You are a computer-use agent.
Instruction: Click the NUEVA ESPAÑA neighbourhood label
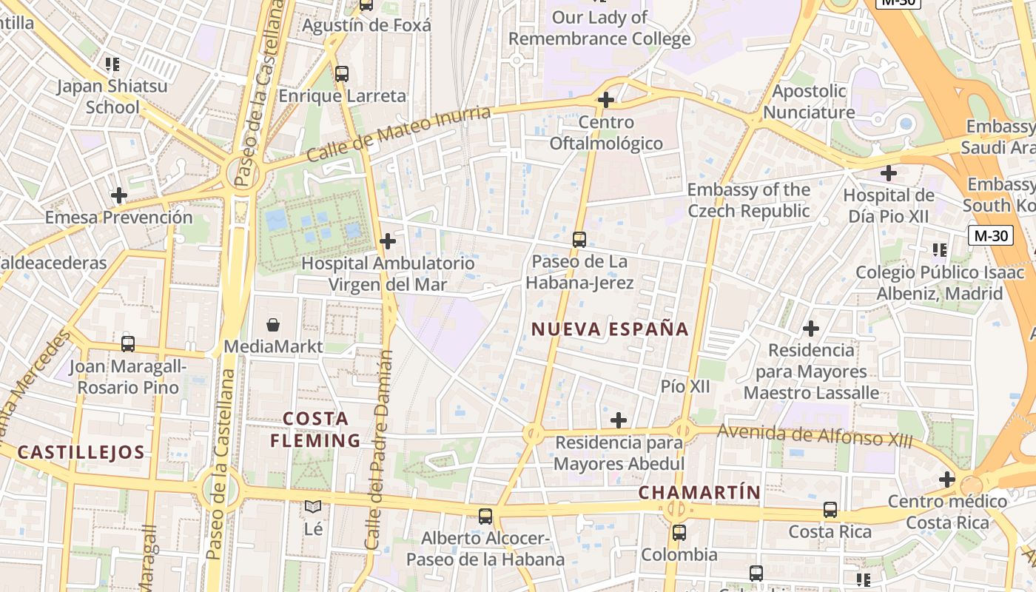610,329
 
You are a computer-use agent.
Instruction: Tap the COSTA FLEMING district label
315,430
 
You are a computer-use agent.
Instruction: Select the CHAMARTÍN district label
699,492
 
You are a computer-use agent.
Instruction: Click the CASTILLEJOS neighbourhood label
81,452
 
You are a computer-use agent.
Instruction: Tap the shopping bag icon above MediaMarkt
273,324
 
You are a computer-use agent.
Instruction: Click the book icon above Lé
313,507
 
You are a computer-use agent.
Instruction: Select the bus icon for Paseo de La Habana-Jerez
579,240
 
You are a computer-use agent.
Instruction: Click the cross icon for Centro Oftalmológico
606,99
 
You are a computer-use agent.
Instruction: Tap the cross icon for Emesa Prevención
118,195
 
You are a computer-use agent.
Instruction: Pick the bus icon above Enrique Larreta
342,74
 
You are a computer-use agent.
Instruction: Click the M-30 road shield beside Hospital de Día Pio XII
990,236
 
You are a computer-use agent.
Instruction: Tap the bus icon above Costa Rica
830,510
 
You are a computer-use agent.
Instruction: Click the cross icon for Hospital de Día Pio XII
889,174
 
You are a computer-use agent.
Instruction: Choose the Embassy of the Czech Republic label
748,201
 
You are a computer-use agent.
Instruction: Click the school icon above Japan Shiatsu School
112,64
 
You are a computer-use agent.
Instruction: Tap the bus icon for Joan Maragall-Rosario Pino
128,344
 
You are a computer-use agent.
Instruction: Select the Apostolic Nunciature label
809,102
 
